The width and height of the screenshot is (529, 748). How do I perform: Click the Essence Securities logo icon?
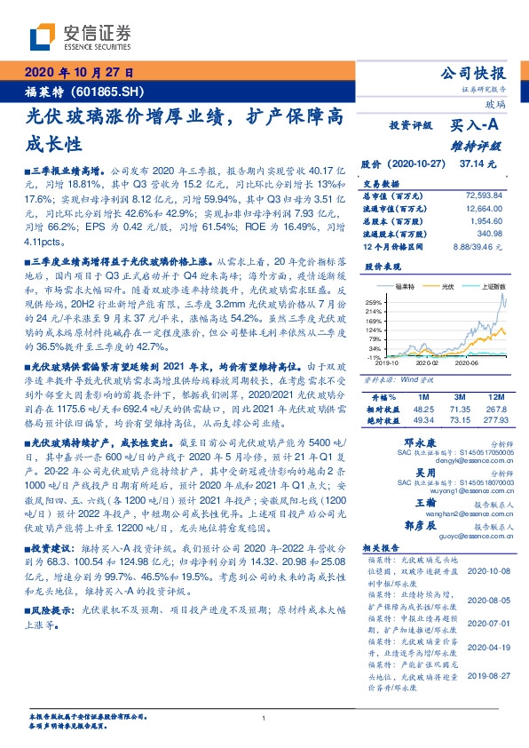click(x=42, y=37)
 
